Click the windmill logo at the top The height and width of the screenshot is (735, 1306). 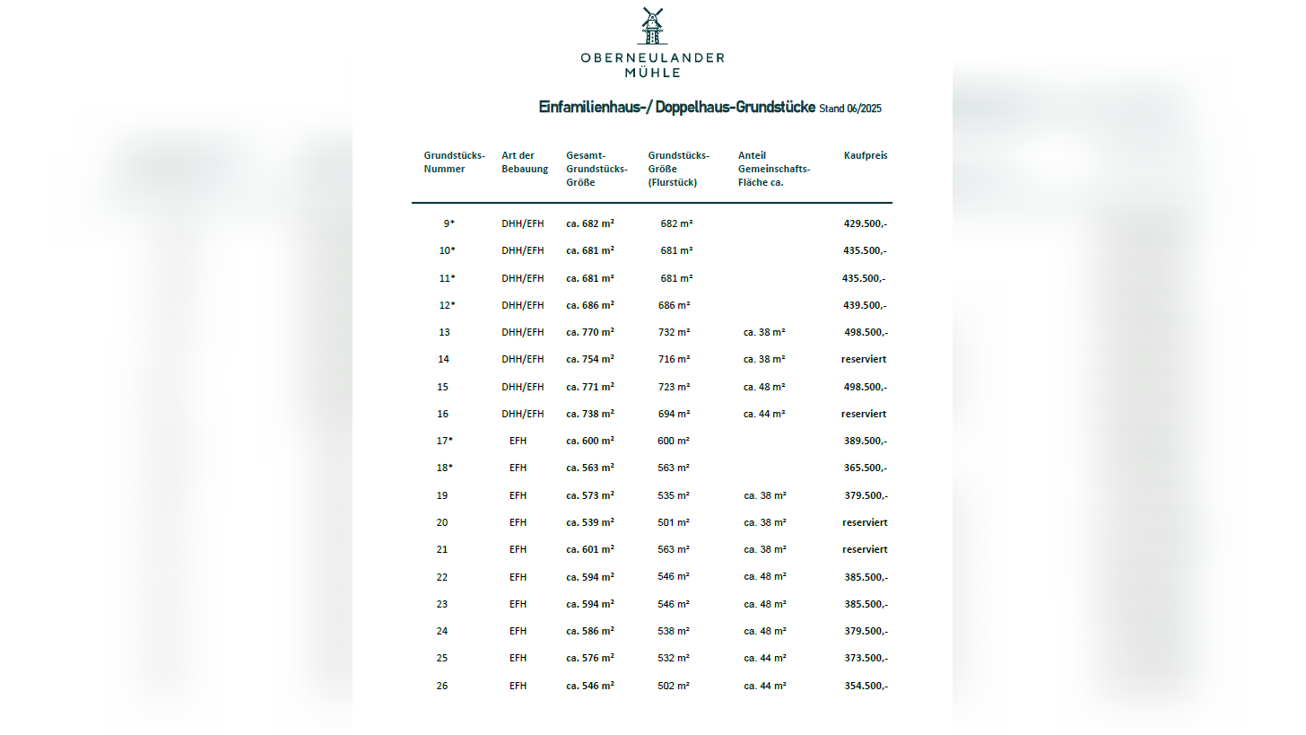(x=652, y=26)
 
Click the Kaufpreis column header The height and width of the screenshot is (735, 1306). (x=865, y=155)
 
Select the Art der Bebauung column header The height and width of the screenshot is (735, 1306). (x=524, y=162)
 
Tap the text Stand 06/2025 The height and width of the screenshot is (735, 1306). (x=850, y=109)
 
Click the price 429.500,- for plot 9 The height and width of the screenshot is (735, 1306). (x=865, y=223)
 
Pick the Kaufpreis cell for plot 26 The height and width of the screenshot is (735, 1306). (x=866, y=686)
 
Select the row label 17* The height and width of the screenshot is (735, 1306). (x=445, y=441)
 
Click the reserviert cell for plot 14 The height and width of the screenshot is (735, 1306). (x=864, y=359)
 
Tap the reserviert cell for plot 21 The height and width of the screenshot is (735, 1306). (x=864, y=549)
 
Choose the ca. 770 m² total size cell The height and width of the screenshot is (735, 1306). (x=589, y=332)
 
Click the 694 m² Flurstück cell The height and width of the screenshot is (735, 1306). (x=674, y=414)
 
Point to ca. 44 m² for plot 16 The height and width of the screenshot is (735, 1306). (x=764, y=414)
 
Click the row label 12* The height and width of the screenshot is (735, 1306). (x=447, y=305)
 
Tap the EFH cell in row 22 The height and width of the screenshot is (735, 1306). (x=518, y=577)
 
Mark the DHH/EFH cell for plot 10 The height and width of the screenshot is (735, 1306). (x=522, y=250)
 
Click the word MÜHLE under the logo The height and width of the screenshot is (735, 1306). (x=652, y=73)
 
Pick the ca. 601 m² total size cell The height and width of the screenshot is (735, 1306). (x=589, y=549)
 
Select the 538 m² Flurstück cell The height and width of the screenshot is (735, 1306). (x=674, y=631)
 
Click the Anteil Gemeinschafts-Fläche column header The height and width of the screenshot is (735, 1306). (x=773, y=169)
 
